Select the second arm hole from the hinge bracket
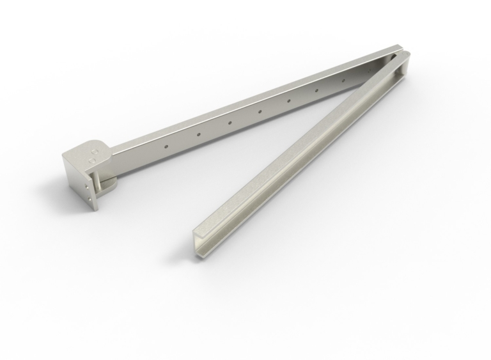pos(199,134)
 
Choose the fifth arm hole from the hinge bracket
pos(289,100)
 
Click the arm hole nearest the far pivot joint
pos(343,81)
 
